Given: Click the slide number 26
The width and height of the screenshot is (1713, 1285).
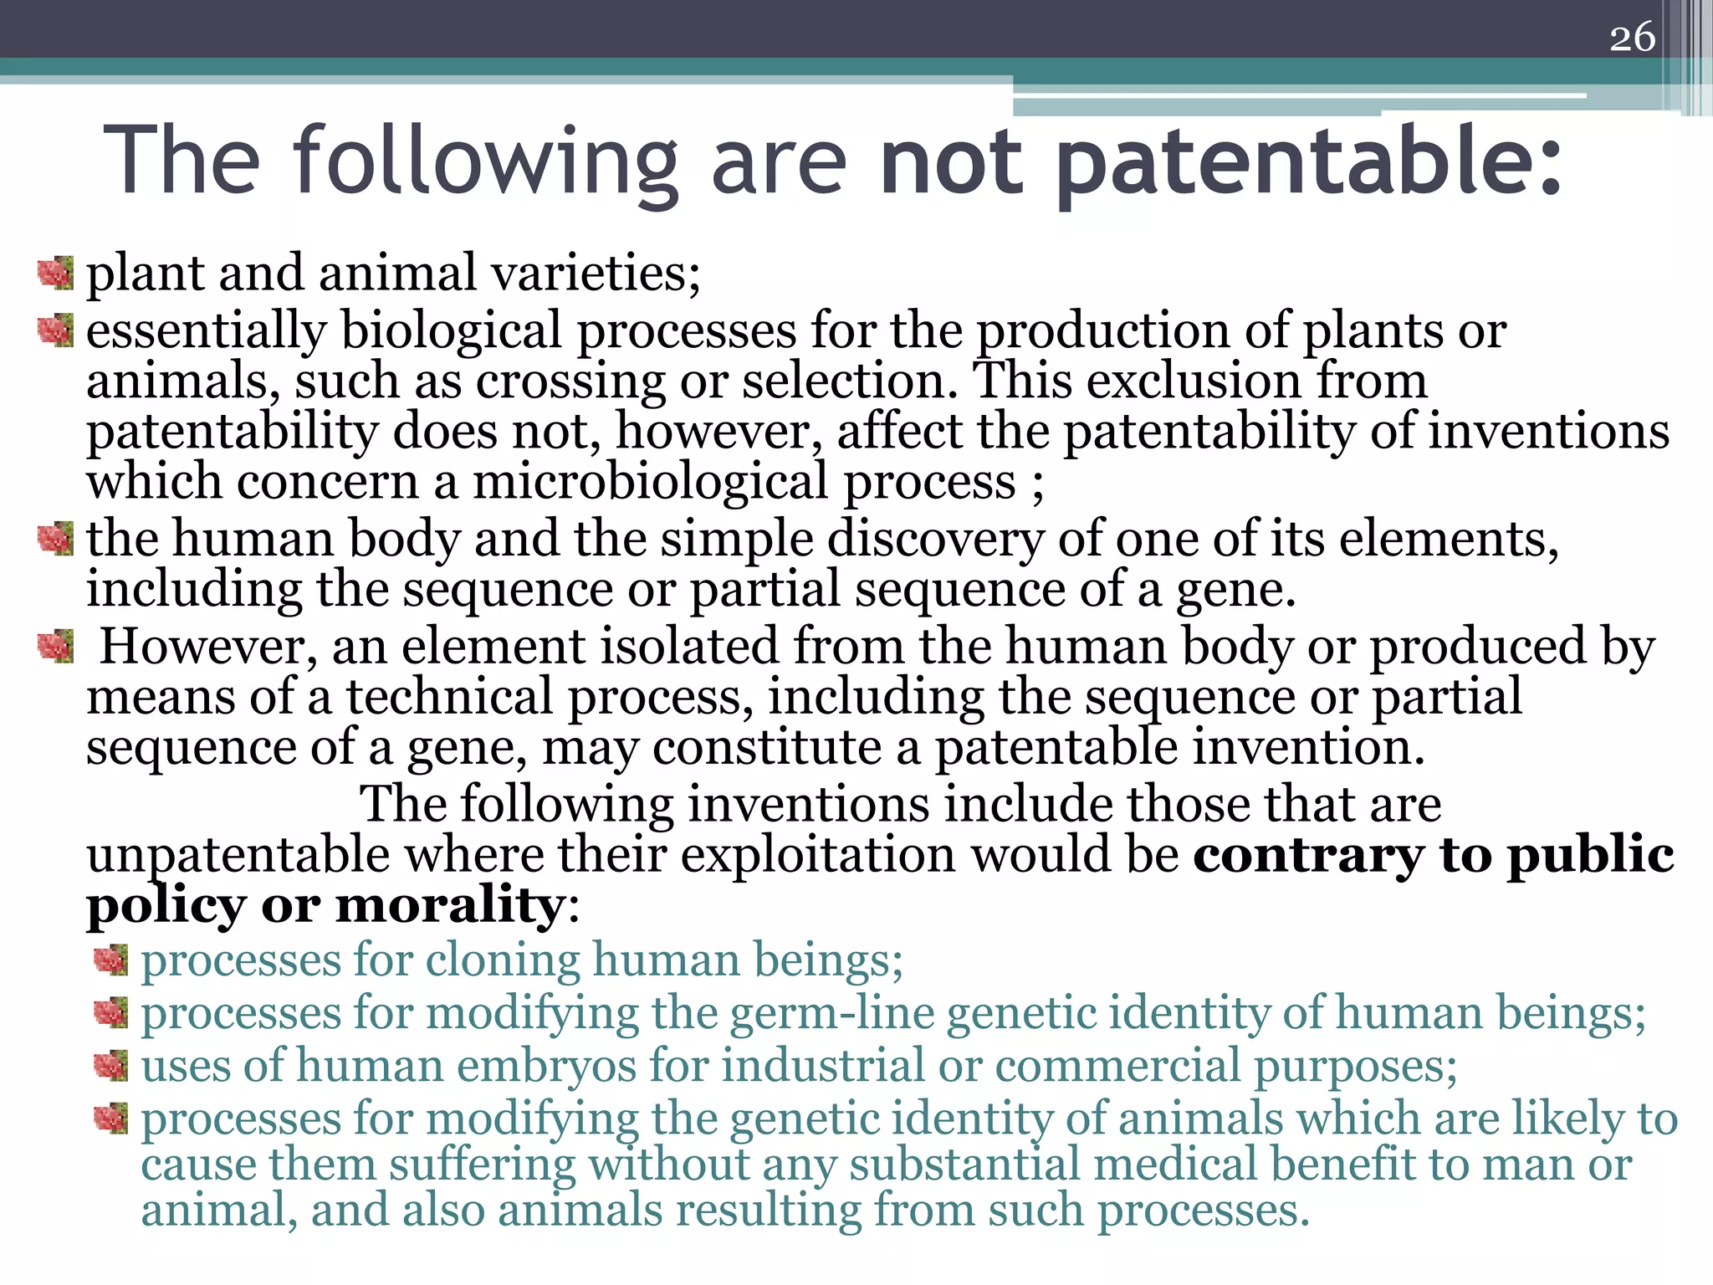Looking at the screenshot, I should pyautogui.click(x=1632, y=38).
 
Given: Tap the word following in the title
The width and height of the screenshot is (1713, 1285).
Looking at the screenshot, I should pyautogui.click(x=486, y=161).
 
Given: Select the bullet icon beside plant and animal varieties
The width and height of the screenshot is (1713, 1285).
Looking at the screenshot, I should pyautogui.click(x=55, y=274).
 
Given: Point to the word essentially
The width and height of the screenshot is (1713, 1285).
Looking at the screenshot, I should pyautogui.click(x=206, y=331).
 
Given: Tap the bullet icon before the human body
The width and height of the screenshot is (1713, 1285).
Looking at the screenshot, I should pyautogui.click(x=55, y=538).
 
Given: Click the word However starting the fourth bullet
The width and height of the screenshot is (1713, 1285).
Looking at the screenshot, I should pyautogui.click(x=208, y=647).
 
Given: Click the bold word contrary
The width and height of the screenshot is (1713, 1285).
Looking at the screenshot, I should pyautogui.click(x=1307, y=854).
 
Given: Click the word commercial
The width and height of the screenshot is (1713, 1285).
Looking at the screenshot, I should pyautogui.click(x=1117, y=1066).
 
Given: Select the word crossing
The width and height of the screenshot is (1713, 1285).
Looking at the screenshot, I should pyautogui.click(x=570, y=381).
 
